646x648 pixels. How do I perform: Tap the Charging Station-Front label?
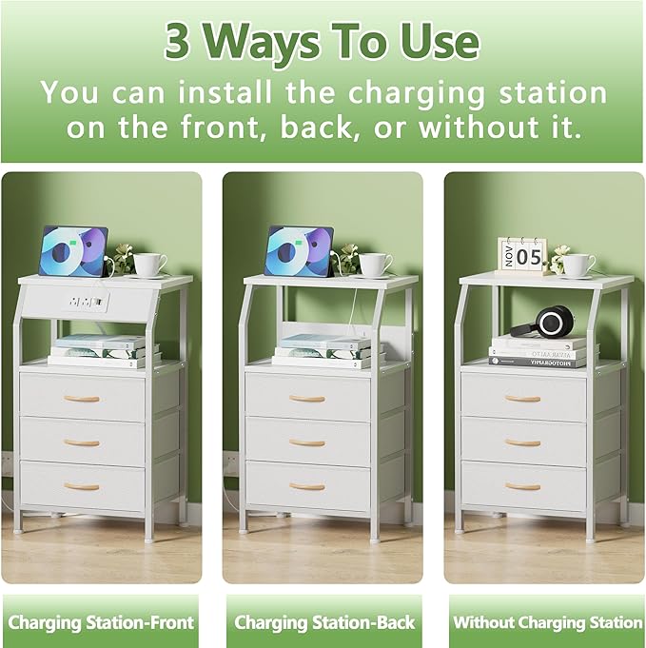[x=101, y=623]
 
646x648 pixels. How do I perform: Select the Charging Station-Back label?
[x=324, y=623]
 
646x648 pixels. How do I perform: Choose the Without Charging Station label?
[x=547, y=623]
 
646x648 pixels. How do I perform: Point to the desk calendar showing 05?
[x=522, y=255]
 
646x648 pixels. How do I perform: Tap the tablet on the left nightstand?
[x=74, y=252]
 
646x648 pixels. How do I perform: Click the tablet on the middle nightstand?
[x=299, y=252]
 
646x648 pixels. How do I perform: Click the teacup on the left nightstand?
[x=149, y=264]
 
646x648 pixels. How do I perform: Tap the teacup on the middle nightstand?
[x=374, y=264]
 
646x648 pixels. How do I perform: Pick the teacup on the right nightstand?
[x=577, y=264]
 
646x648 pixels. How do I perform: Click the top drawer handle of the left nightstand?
[x=82, y=399]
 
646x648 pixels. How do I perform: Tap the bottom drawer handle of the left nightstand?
[x=82, y=486]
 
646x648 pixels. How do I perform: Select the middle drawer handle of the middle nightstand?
[x=306, y=442]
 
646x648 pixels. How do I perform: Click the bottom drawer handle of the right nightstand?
[x=522, y=486]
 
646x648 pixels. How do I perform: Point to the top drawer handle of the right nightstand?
[x=522, y=399]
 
